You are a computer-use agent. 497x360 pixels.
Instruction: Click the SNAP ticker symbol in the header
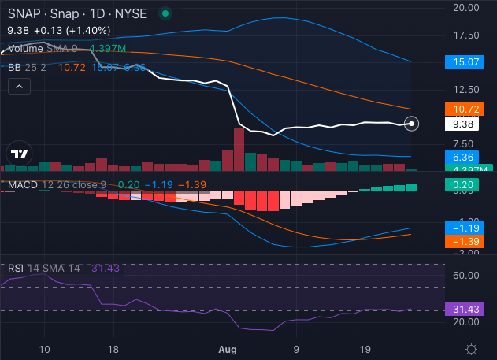pyautogui.click(x=21, y=13)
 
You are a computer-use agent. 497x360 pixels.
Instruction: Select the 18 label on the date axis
pyautogui.click(x=113, y=348)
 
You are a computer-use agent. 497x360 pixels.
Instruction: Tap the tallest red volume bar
pyautogui.click(x=239, y=149)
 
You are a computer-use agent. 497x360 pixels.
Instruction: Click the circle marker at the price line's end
pyautogui.click(x=414, y=123)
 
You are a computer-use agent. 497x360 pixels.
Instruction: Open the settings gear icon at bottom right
pyautogui.click(x=471, y=349)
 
